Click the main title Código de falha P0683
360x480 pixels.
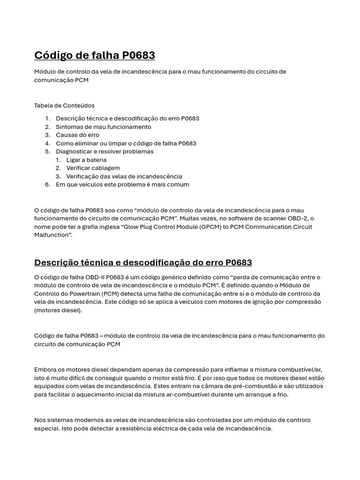(x=94, y=56)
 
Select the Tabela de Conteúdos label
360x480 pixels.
(x=64, y=105)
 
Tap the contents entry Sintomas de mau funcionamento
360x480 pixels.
(x=103, y=127)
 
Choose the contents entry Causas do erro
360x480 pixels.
(x=77, y=135)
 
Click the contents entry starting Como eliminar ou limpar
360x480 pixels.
(x=126, y=143)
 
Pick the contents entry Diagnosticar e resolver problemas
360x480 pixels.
(x=105, y=151)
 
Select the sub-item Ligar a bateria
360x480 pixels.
(x=86, y=160)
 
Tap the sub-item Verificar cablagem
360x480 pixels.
(x=93, y=168)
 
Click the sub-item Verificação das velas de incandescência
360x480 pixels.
(x=124, y=176)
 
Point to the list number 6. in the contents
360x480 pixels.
(x=48, y=185)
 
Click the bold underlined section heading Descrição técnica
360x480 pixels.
(x=143, y=262)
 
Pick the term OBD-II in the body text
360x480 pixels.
(x=89, y=277)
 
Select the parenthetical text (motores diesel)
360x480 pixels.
(x=58, y=310)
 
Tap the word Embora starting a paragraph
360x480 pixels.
(x=45, y=370)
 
